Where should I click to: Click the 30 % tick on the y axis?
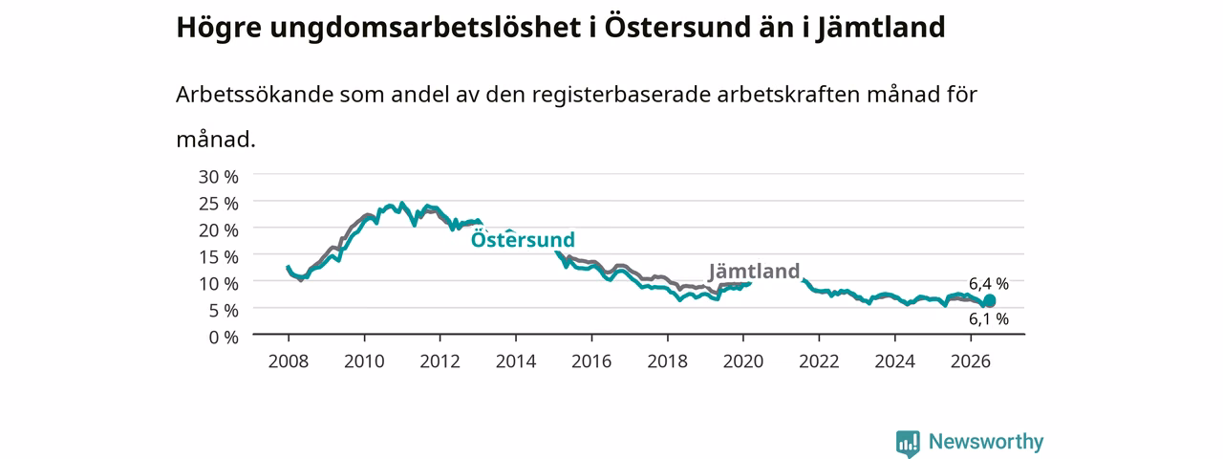coord(219,177)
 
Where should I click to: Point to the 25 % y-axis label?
coord(219,204)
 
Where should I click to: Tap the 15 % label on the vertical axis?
coord(219,257)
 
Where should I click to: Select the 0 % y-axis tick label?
coord(224,338)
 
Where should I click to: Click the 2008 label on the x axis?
coord(289,361)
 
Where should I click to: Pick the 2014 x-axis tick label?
coord(516,361)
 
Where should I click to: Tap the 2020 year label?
coord(743,361)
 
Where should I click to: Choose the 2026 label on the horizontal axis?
coord(971,361)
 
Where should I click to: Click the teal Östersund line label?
coord(523,239)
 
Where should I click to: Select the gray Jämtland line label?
coord(754,271)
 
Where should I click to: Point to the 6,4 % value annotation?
coord(989,284)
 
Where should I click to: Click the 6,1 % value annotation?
coord(989,319)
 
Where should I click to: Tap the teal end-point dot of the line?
coord(989,301)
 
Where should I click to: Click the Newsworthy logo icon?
coord(908,443)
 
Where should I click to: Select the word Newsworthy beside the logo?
coord(986,442)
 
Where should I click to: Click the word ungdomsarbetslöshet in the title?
coord(425,28)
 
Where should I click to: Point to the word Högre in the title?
coord(219,28)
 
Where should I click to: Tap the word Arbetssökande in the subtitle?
coord(254,95)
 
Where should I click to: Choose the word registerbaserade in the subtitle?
coord(621,95)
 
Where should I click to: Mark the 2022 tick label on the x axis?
coord(819,361)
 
